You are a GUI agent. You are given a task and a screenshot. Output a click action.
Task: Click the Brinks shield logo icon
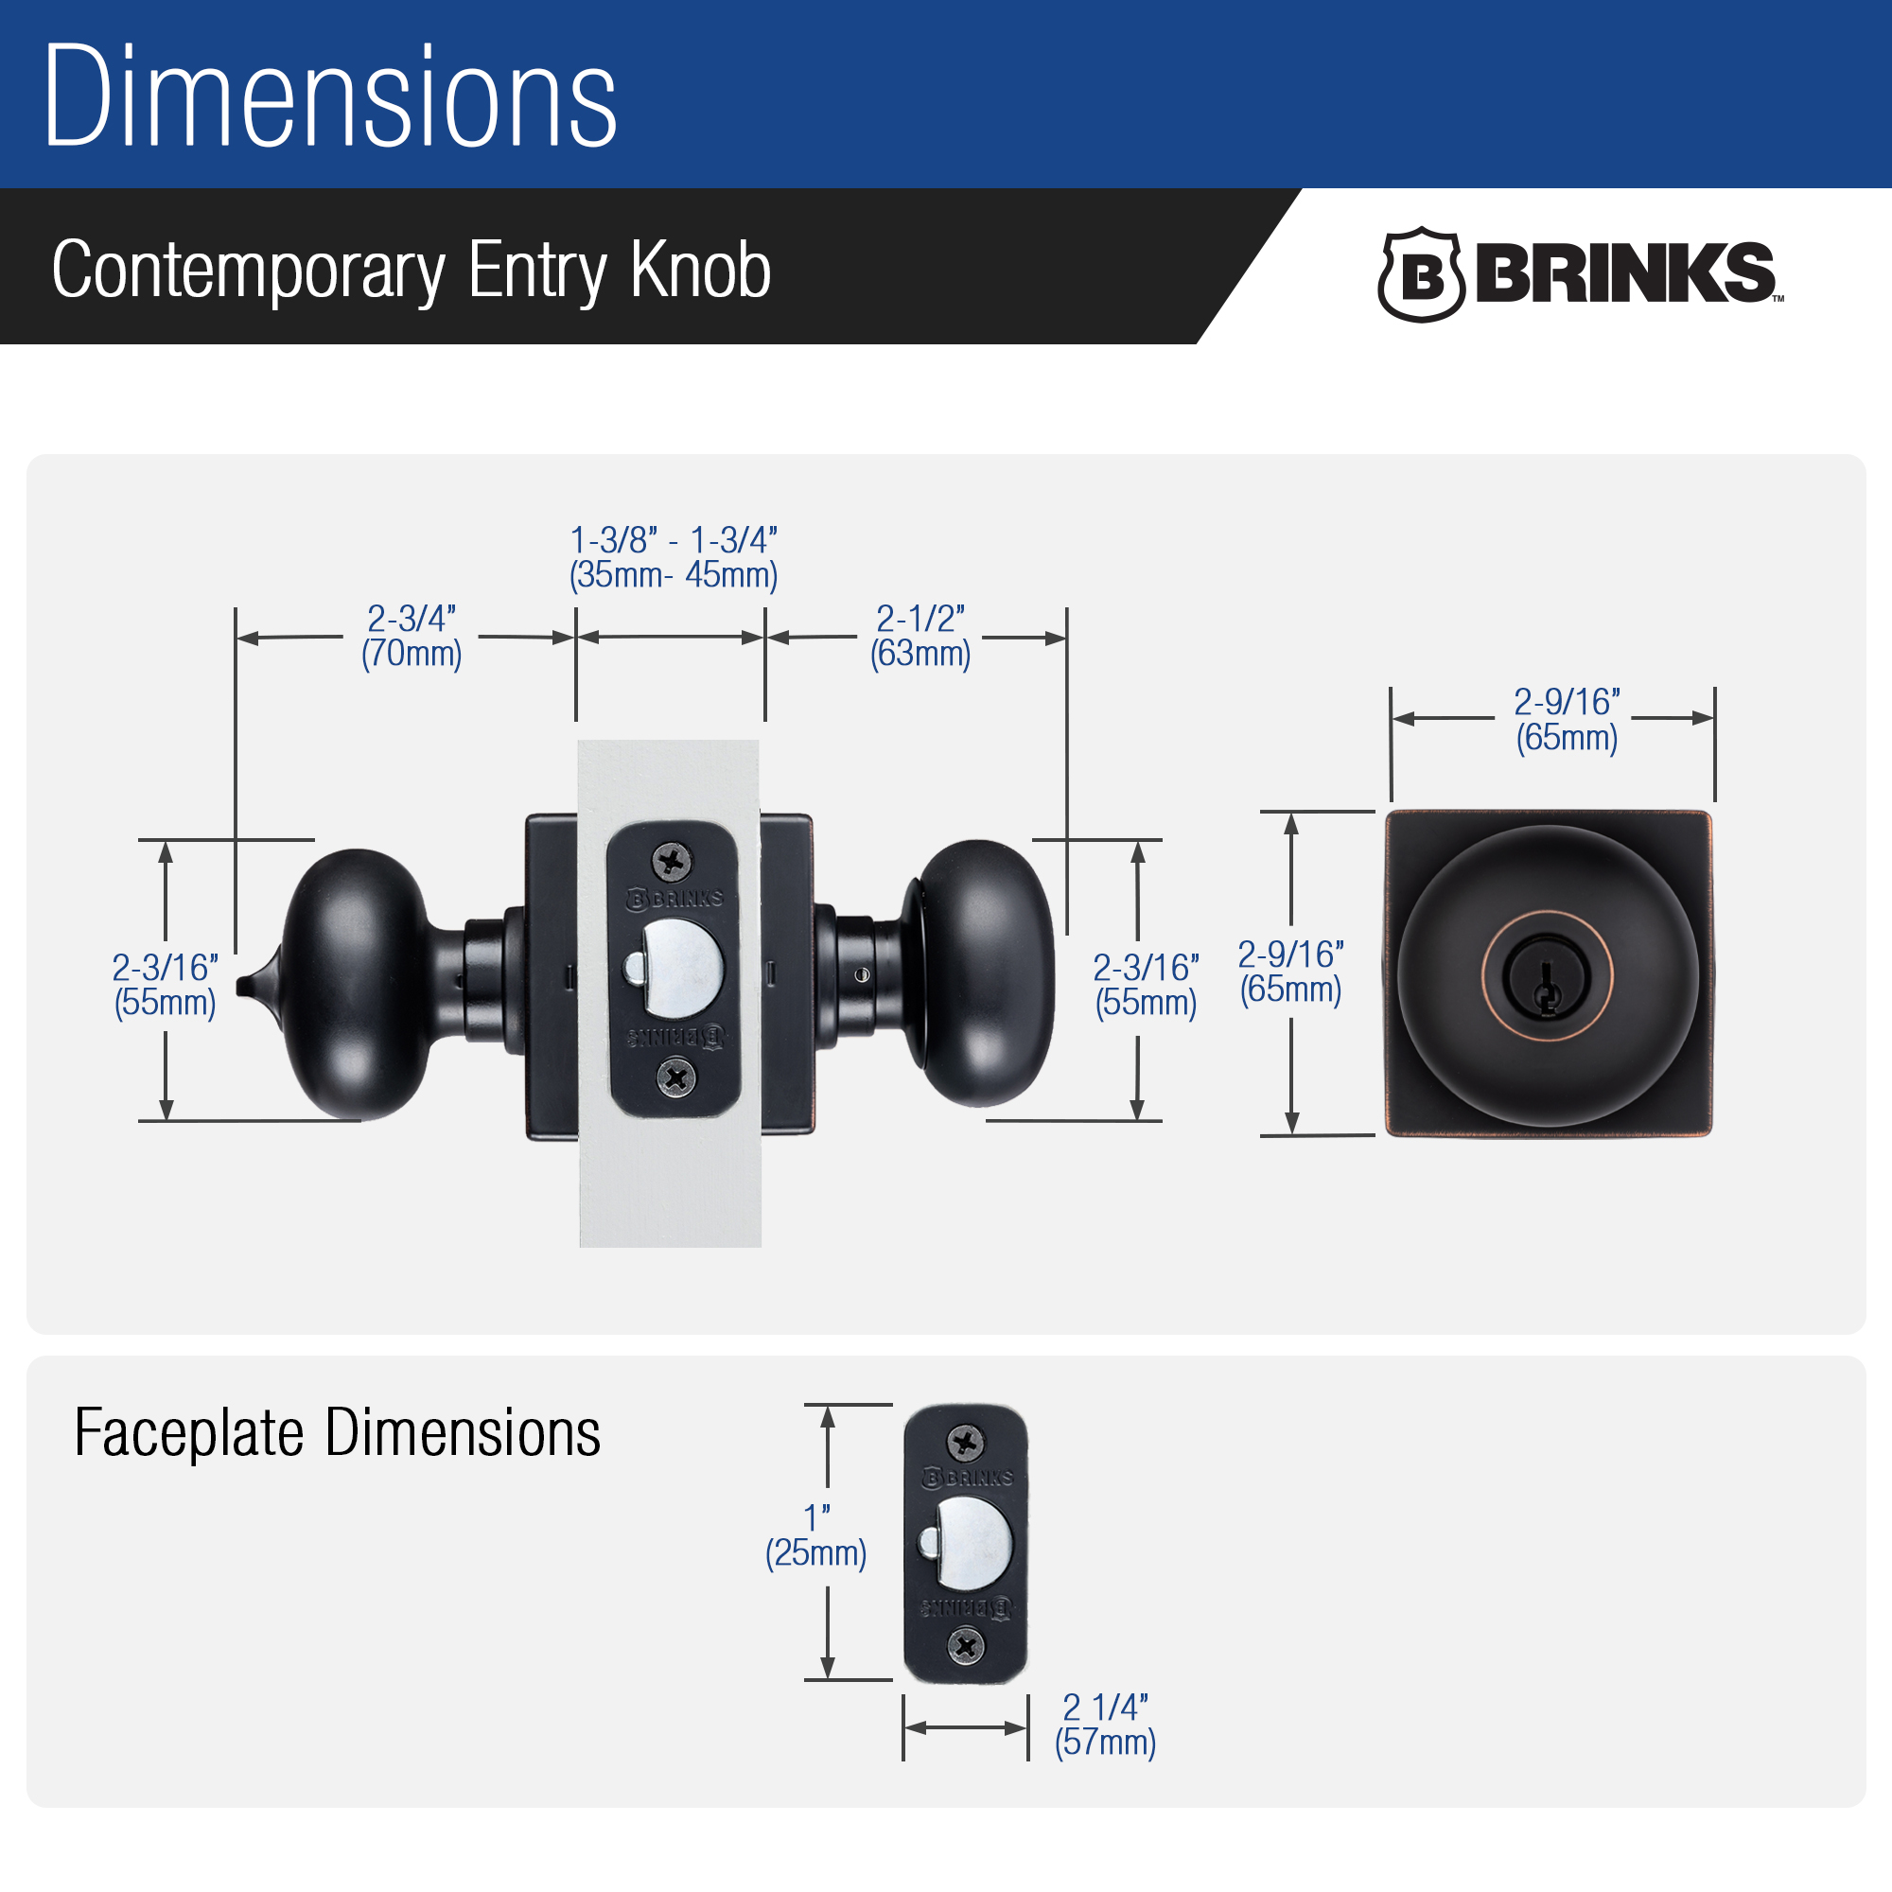[1420, 274]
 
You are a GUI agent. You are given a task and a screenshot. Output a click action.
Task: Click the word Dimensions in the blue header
[330, 96]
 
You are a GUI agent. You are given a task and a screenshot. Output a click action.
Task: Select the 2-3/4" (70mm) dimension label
[412, 636]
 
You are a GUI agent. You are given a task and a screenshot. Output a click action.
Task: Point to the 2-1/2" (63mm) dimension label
[920, 636]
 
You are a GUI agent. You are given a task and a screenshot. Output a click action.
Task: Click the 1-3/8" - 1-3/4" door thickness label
[674, 557]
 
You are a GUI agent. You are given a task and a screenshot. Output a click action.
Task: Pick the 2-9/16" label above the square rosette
[1567, 719]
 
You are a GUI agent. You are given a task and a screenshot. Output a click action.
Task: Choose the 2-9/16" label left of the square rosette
[1290, 972]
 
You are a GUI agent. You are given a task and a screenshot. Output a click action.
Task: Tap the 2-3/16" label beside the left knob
[165, 985]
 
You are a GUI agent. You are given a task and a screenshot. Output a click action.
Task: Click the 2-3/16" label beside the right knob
[1146, 985]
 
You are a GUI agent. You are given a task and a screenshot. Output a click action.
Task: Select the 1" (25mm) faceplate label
[815, 1535]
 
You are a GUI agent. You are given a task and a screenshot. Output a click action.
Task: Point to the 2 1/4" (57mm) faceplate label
[1105, 1725]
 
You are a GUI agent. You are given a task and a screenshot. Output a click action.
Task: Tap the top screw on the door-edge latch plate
[672, 862]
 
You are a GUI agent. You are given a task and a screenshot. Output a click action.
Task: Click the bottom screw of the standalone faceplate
[967, 1646]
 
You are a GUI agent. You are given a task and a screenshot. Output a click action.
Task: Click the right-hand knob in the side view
[979, 972]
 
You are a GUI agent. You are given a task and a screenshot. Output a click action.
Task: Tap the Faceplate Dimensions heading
[337, 1432]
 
